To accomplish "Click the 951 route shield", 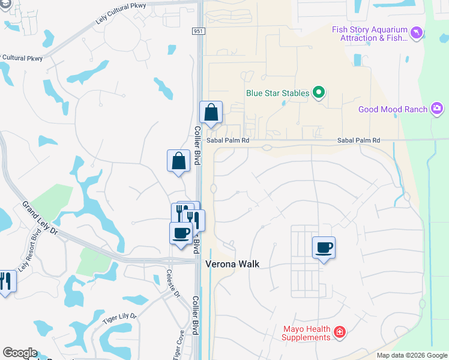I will click(199, 31).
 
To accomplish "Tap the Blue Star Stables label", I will click(277, 93).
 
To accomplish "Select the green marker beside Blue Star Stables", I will click(319, 93).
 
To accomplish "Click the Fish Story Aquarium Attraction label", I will click(369, 33).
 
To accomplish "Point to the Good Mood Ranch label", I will click(393, 109).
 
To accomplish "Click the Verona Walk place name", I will click(232, 263).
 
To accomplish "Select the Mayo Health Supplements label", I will click(307, 333).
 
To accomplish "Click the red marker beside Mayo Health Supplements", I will click(340, 332).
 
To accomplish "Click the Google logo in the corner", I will click(20, 353).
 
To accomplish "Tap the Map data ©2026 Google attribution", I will click(412, 356).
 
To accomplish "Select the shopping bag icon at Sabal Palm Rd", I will click(211, 112).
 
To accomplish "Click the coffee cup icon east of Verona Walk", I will click(324, 247).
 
